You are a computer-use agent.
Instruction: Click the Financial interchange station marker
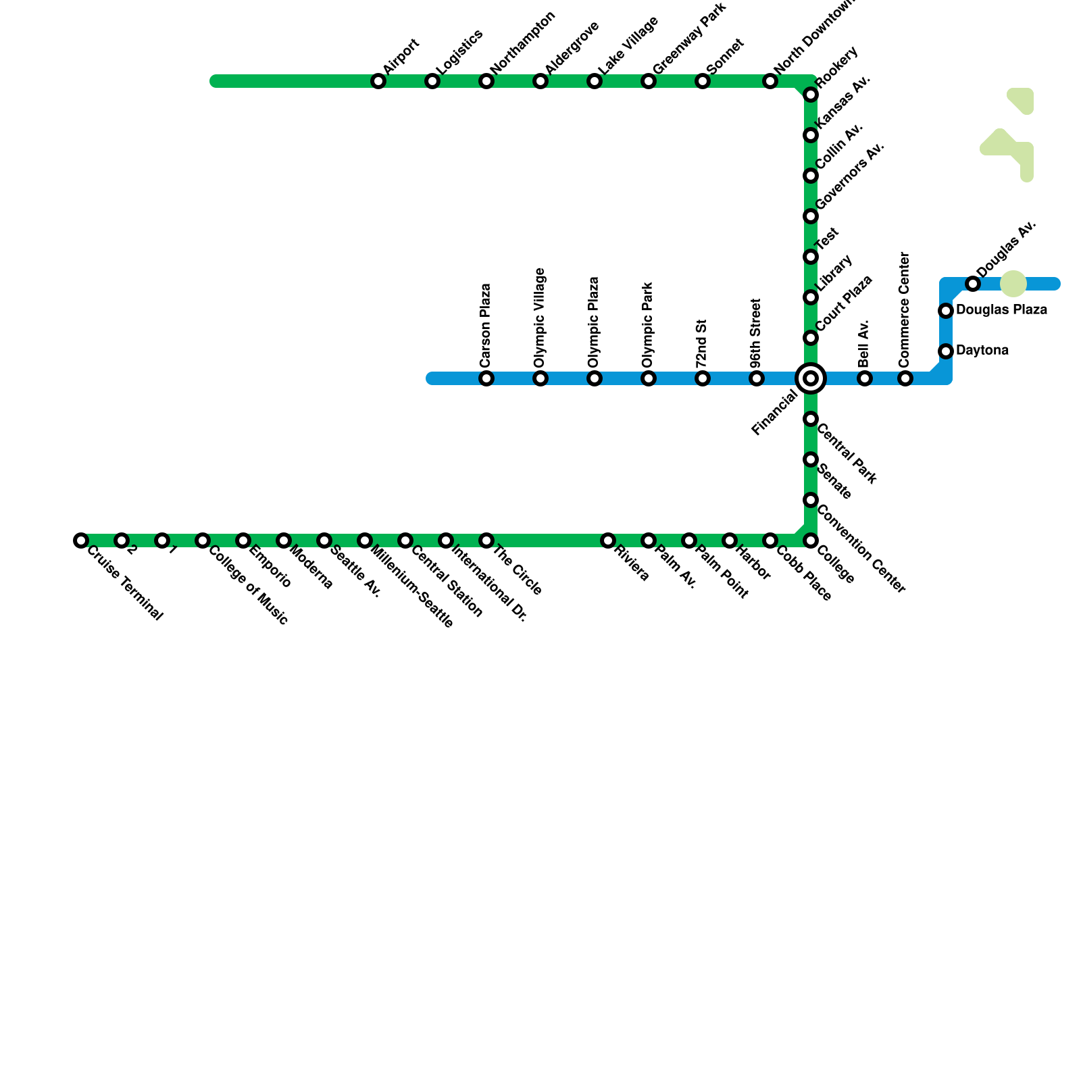coord(811,378)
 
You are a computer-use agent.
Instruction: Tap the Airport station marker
coord(378,82)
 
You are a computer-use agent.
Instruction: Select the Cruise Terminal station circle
coord(81,540)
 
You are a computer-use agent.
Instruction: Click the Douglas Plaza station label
coord(1001,310)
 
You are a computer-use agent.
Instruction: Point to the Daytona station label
coord(982,351)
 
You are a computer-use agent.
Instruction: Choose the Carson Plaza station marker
coord(486,378)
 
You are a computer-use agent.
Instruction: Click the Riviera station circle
coord(608,540)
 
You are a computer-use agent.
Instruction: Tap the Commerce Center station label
coord(905,310)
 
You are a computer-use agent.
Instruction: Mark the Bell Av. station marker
coord(865,378)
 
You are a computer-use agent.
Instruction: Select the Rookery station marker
coord(811,95)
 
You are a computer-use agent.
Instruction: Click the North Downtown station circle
coord(770,82)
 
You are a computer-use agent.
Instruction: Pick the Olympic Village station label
coord(540,318)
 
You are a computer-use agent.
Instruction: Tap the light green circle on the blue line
coord(1013,284)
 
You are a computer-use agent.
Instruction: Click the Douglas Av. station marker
coord(973,284)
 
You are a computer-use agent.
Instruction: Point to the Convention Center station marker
coord(811,500)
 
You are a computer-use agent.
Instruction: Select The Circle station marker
coord(486,540)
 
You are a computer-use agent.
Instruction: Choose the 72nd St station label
coord(702,343)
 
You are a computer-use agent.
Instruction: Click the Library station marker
coord(811,297)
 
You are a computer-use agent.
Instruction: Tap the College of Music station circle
coord(203,540)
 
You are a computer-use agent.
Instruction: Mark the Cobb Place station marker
coord(770,540)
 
